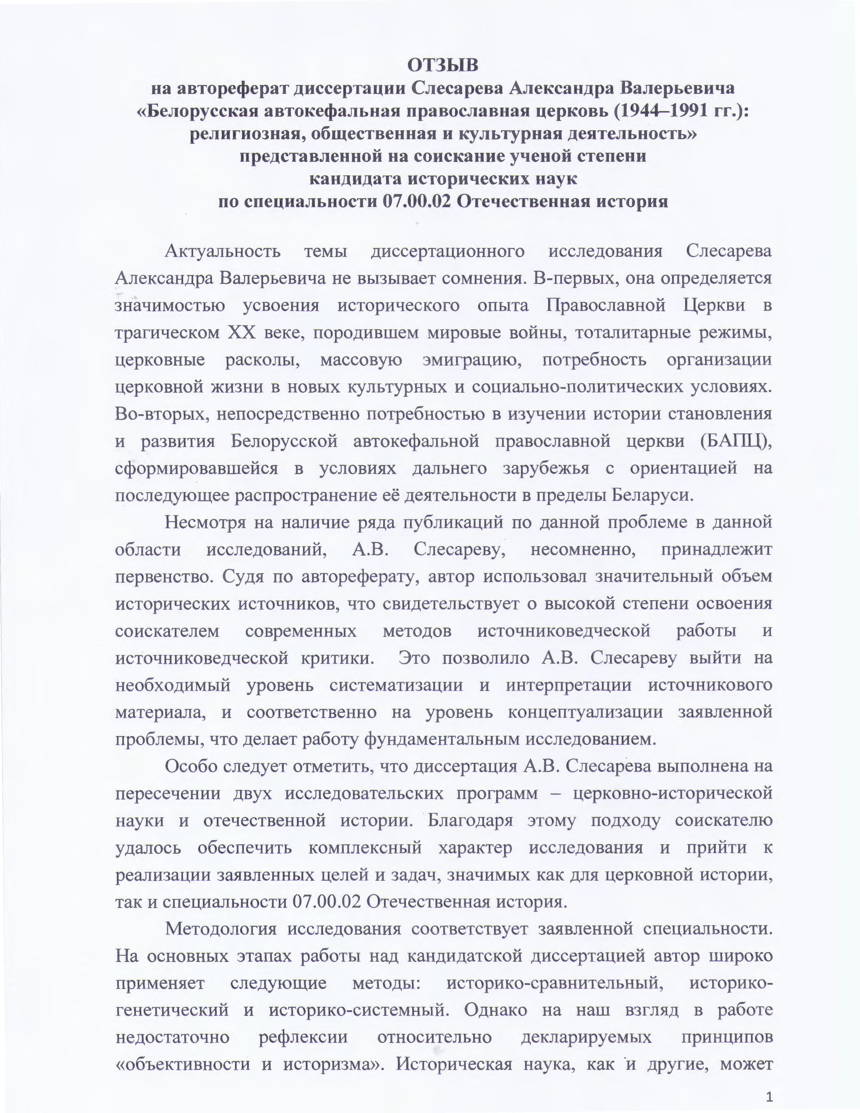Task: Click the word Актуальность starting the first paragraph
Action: (x=223, y=251)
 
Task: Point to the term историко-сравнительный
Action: (x=554, y=982)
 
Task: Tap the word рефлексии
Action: (x=303, y=1037)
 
